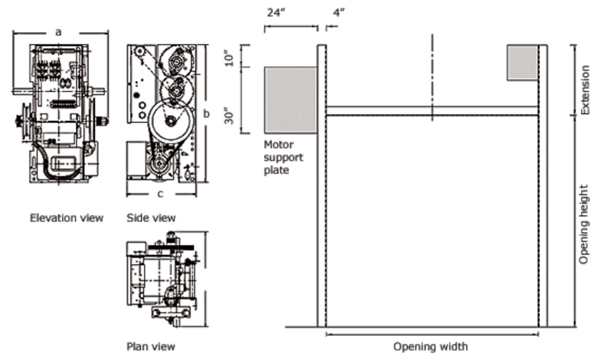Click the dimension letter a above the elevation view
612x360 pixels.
click(x=58, y=32)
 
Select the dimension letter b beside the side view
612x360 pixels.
click(x=206, y=113)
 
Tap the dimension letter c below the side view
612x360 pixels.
click(x=161, y=194)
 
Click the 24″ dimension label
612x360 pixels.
click(x=276, y=12)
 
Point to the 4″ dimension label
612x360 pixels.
click(x=339, y=12)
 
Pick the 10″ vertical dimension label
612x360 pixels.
click(x=229, y=57)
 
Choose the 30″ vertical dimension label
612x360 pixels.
click(x=229, y=116)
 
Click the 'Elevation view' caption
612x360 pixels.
click(x=66, y=218)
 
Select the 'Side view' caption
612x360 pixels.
click(x=151, y=218)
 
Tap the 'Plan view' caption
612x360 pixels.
click(x=150, y=347)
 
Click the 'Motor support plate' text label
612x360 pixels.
click(x=283, y=157)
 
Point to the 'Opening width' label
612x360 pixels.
click(x=431, y=347)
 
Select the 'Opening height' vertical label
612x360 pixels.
click(x=584, y=224)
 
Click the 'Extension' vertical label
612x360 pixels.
click(x=585, y=90)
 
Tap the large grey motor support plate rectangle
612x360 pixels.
click(x=290, y=100)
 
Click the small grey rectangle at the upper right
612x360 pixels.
click(x=522, y=63)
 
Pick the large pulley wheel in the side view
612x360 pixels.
click(x=170, y=122)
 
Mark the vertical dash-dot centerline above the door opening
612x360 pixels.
click(x=432, y=74)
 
